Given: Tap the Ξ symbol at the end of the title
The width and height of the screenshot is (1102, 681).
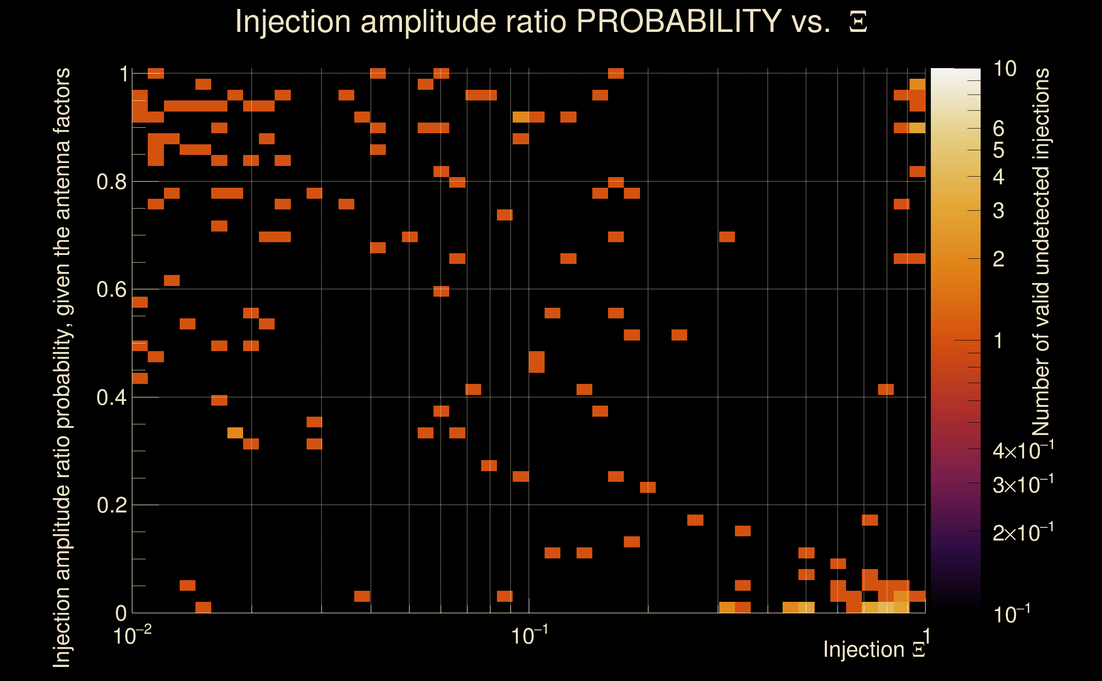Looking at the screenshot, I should coord(858,22).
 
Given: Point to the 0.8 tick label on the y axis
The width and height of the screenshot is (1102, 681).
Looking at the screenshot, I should coord(112,182).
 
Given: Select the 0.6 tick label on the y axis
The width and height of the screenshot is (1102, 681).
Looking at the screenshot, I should coord(112,289).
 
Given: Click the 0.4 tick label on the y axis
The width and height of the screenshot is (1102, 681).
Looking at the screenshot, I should coord(112,398).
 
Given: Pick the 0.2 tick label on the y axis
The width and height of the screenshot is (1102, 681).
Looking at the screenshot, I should coord(112,505).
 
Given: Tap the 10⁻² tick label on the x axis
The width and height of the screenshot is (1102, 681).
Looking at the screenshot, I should coord(132,636).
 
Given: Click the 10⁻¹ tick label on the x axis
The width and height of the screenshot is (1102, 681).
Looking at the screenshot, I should coord(529,636).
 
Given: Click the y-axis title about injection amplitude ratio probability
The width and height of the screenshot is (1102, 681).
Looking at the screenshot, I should coord(62,367).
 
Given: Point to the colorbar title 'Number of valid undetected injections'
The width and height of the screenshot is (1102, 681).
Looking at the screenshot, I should coord(1041,252).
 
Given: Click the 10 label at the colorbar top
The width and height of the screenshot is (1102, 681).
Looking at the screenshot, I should coord(1004,69).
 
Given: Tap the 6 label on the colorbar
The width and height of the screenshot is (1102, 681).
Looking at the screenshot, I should coord(999,129).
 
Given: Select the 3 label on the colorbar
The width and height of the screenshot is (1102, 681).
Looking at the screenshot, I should coord(999,211).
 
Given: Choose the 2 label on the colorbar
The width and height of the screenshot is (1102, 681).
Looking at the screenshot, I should coord(999,259).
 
